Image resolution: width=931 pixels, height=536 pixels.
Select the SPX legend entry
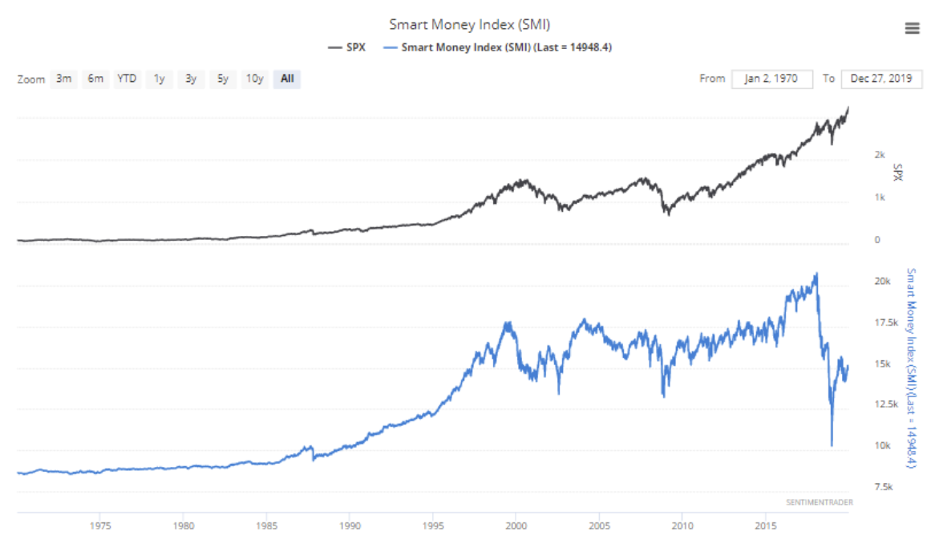coord(346,47)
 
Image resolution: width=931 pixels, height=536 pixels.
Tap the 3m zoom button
coord(63,79)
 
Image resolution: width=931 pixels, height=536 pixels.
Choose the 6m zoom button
coord(95,79)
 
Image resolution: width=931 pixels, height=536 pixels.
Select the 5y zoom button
coord(222,79)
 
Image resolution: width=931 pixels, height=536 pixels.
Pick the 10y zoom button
coord(254,79)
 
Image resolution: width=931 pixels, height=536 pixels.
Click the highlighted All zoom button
coord(287,79)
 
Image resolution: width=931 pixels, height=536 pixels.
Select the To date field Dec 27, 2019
coord(881,79)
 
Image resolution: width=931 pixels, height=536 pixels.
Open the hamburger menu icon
coord(912,29)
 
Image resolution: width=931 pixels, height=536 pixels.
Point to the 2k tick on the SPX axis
coord(880,154)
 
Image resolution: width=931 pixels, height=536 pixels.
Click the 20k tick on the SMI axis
coord(883,282)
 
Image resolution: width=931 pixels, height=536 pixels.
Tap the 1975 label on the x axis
coord(100,526)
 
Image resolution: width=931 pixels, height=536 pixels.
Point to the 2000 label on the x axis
coord(516,526)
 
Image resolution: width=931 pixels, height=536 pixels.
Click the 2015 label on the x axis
coord(765,526)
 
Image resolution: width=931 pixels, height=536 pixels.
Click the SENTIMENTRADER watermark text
coord(820,502)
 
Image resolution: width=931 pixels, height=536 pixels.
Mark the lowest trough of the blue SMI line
coord(832,445)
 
